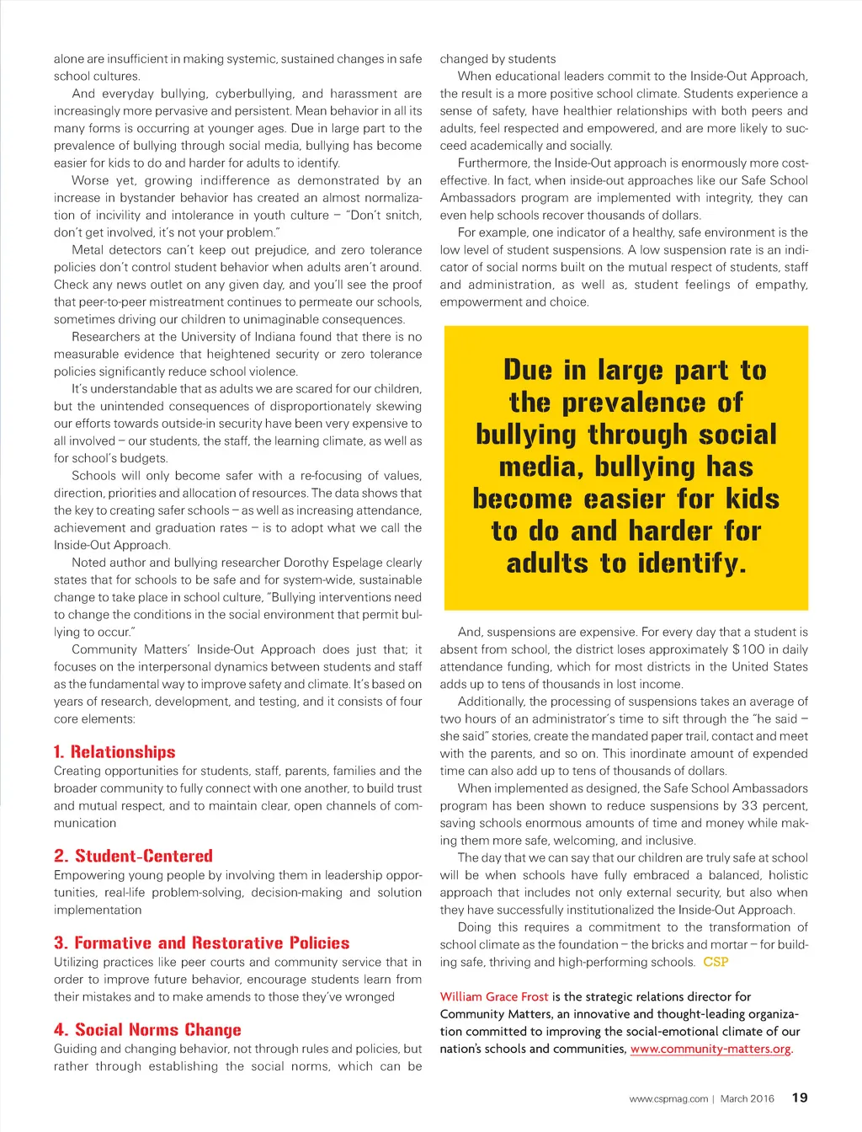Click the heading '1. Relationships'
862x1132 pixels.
point(114,752)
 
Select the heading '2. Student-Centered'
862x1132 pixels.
point(133,856)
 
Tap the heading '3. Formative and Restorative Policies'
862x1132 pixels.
point(201,942)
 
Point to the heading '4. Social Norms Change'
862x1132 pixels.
point(147,1029)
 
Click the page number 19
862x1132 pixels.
point(800,1097)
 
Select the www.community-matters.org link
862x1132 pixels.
point(710,1049)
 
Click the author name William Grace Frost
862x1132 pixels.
point(494,996)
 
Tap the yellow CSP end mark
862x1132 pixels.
point(716,962)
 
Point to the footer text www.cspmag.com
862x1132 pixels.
point(668,1098)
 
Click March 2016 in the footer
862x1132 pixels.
point(748,1098)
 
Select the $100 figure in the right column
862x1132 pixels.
point(748,649)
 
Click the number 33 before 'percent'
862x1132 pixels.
point(749,805)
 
